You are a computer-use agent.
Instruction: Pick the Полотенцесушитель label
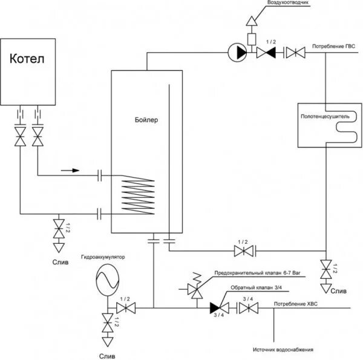click(x=325, y=113)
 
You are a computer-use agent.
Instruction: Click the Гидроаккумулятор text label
click(x=102, y=257)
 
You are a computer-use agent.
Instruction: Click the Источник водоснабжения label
click(x=283, y=350)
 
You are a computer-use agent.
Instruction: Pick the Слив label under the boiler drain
click(x=59, y=262)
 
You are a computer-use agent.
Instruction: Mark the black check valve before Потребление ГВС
click(x=267, y=53)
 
